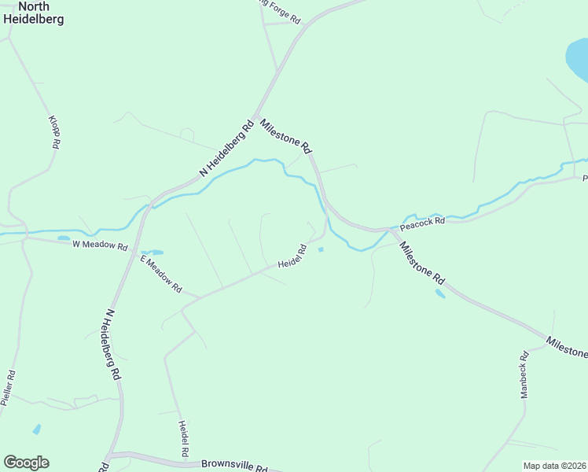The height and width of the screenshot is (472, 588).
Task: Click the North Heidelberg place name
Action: pyautogui.click(x=34, y=13)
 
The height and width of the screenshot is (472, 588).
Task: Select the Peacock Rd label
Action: pyautogui.click(x=422, y=223)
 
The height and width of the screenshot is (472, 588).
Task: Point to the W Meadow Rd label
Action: pyautogui.click(x=100, y=245)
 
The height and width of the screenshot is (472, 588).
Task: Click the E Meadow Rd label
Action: pyautogui.click(x=161, y=274)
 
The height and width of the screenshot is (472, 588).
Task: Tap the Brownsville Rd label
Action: pyautogui.click(x=233, y=466)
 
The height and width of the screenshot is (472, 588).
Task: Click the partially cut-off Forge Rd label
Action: pyautogui.click(x=281, y=11)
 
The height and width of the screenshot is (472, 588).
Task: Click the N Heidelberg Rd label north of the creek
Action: pyautogui.click(x=227, y=147)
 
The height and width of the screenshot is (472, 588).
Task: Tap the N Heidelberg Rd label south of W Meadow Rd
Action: pyautogui.click(x=112, y=345)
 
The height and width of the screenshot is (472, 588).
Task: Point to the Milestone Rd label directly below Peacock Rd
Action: pyautogui.click(x=421, y=263)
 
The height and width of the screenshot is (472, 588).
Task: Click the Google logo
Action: pyautogui.click(x=26, y=463)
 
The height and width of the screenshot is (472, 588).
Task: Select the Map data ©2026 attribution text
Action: pyautogui.click(x=555, y=466)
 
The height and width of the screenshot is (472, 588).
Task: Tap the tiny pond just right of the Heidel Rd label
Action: pyautogui.click(x=320, y=250)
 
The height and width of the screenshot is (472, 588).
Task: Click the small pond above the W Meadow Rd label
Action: pyautogui.click(x=63, y=238)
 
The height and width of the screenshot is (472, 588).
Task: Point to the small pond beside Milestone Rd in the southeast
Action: pyautogui.click(x=439, y=294)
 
